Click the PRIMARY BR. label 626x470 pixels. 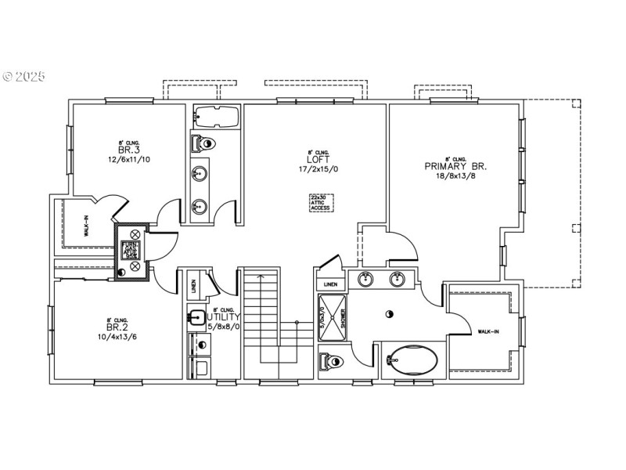pyautogui.click(x=455, y=166)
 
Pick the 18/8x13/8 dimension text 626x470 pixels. pyautogui.click(x=455, y=177)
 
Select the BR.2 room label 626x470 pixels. pyautogui.click(x=117, y=328)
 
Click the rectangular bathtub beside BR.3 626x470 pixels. pyautogui.click(x=214, y=116)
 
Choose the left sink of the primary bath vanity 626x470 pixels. pyautogui.click(x=365, y=279)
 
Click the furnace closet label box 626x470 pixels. pyautogui.click(x=128, y=251)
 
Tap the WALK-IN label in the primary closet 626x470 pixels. pyautogui.click(x=490, y=333)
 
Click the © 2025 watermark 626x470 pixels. pyautogui.click(x=24, y=77)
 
